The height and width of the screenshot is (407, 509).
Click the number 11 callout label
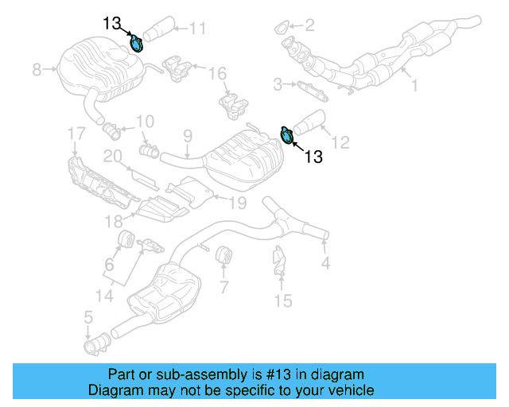[x=197, y=29]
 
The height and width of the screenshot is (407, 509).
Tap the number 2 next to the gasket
[x=309, y=25]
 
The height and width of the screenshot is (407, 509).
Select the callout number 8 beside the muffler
[x=37, y=70]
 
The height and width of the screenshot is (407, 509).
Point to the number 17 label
[x=76, y=132]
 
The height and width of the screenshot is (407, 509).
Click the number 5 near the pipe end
[x=88, y=320]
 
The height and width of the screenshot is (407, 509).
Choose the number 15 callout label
[x=283, y=300]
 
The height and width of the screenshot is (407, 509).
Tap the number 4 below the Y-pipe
[x=324, y=263]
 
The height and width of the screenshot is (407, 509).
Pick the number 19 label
[x=238, y=203]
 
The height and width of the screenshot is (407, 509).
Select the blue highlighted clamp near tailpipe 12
[x=288, y=136]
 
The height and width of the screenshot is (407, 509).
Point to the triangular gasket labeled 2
[x=282, y=30]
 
